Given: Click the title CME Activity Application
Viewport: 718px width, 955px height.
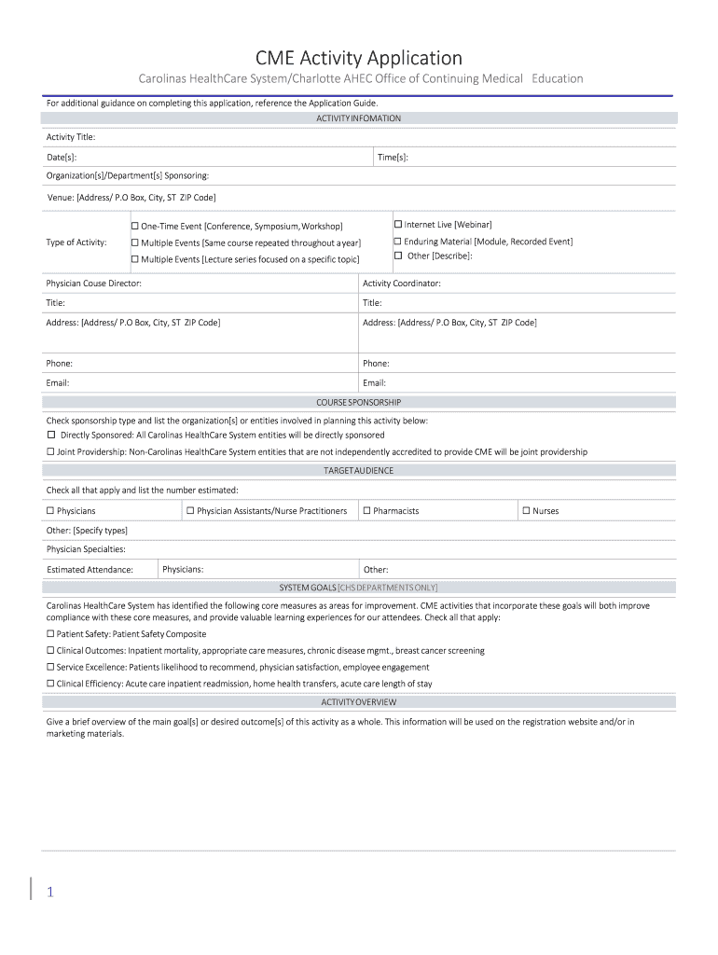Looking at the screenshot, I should [x=359, y=59].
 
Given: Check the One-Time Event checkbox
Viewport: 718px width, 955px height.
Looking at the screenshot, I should [x=134, y=226].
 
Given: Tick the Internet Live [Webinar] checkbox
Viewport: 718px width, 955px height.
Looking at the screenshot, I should [x=397, y=225].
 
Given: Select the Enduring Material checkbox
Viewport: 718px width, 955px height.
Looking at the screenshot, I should [x=397, y=242].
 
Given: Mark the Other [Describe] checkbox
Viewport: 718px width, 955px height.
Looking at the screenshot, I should [x=397, y=256].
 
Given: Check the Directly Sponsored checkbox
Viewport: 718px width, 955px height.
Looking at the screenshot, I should [x=51, y=435].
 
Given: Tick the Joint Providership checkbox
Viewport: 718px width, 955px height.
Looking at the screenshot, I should [x=51, y=451].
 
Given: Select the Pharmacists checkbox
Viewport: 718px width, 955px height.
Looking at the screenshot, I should [x=366, y=511].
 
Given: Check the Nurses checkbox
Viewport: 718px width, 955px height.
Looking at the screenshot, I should [x=526, y=511].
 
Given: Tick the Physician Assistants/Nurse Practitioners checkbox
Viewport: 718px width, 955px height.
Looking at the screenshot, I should [x=190, y=511].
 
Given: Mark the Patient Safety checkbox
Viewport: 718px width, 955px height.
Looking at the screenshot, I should [x=51, y=634].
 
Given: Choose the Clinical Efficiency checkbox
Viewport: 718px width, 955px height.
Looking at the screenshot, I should [x=51, y=684].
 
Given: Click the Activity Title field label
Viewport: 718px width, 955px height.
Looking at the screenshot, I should [x=71, y=137].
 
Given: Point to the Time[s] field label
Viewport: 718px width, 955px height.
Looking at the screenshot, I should [x=393, y=158].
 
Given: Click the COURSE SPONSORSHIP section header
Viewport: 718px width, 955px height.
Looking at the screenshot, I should [x=359, y=402].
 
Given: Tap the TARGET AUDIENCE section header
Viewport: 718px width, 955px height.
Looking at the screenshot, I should [x=359, y=471].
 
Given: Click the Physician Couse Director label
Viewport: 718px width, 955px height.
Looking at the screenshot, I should [x=94, y=284].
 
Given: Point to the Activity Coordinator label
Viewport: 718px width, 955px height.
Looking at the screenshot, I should [x=402, y=284].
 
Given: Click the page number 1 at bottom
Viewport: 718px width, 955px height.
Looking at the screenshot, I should [x=50, y=893].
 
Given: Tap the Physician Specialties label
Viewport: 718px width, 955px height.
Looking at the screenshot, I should [x=86, y=549].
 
